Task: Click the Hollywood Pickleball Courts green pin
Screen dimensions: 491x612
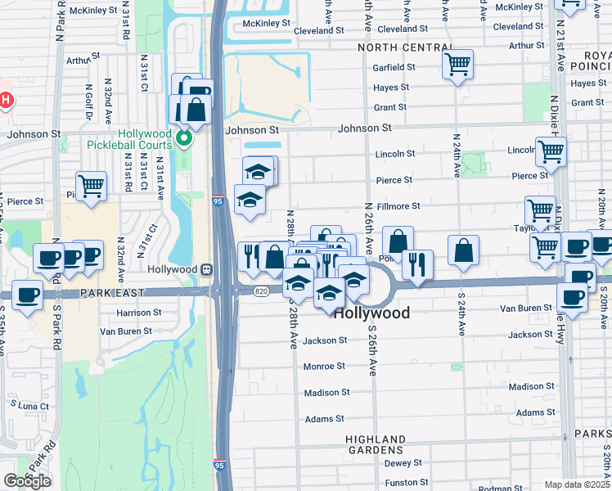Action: pos(184,137)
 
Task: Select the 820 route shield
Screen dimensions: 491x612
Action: pos(261,291)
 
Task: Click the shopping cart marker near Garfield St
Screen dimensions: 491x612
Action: pos(457,64)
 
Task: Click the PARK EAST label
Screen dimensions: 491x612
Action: pos(112,292)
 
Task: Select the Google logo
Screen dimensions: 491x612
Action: pos(27,481)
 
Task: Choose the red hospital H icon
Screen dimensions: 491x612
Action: pos(6,101)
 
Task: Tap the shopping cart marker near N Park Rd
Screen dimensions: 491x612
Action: pos(91,185)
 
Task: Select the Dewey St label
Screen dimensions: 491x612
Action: pos(401,463)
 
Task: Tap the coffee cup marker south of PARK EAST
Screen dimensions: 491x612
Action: pos(28,295)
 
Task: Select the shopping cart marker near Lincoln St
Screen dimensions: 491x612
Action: pos(551,151)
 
